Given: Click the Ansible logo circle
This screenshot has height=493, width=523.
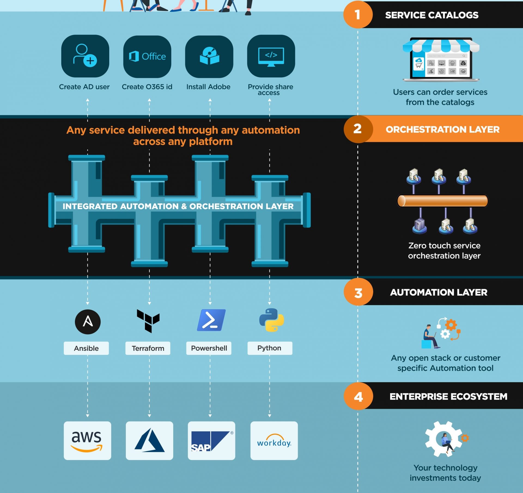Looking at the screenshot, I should pyautogui.click(x=88, y=322).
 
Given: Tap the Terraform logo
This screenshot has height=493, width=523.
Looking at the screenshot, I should pyautogui.click(x=148, y=321).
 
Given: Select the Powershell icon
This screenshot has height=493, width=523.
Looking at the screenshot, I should pyautogui.click(x=211, y=320).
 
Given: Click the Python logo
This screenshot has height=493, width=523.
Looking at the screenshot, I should pyautogui.click(x=271, y=320).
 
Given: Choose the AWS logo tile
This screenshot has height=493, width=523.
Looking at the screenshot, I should pyautogui.click(x=87, y=440).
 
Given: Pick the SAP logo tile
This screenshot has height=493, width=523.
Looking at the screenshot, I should pyautogui.click(x=211, y=440).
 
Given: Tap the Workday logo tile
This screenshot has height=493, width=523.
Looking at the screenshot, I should pyautogui.click(x=274, y=440).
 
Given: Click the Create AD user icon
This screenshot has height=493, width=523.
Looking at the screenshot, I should pyautogui.click(x=85, y=56).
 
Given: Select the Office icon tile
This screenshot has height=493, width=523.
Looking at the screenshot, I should pyautogui.click(x=147, y=56).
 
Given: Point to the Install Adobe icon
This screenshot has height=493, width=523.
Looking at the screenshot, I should pyautogui.click(x=209, y=56).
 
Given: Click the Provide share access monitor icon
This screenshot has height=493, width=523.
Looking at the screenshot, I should pyautogui.click(x=271, y=56).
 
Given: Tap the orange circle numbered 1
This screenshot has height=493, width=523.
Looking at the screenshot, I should pyautogui.click(x=358, y=14).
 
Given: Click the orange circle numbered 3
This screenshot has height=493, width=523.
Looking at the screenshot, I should pyautogui.click(x=358, y=292).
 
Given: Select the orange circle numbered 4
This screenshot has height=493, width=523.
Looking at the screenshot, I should pyautogui.click(x=358, y=396).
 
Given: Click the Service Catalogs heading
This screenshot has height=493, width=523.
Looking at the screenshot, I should pyautogui.click(x=432, y=15).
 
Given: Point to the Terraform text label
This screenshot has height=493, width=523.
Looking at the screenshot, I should pyautogui.click(x=148, y=348).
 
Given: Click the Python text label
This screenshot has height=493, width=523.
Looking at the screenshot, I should pyautogui.click(x=270, y=348).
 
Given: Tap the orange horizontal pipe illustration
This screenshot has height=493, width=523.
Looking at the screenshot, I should pyautogui.click(x=442, y=201).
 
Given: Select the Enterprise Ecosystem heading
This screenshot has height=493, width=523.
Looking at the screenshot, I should pyautogui.click(x=448, y=396).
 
